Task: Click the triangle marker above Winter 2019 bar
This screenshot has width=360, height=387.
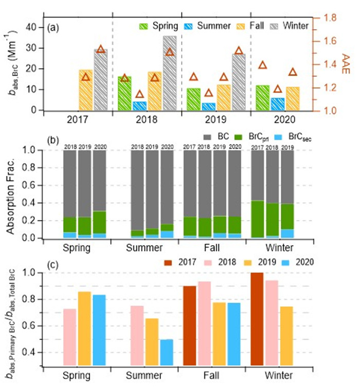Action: (x=239, y=50)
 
